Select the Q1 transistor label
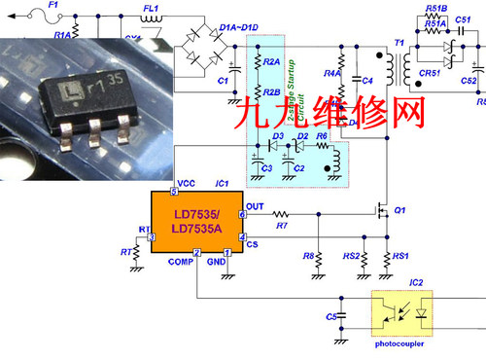click(x=399, y=210)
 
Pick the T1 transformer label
click(x=399, y=43)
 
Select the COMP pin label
click(x=182, y=261)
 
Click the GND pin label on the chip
click(x=216, y=261)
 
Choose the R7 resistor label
click(x=282, y=226)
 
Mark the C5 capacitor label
click(x=330, y=316)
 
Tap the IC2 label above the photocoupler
click(x=416, y=282)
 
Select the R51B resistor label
click(x=435, y=9)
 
